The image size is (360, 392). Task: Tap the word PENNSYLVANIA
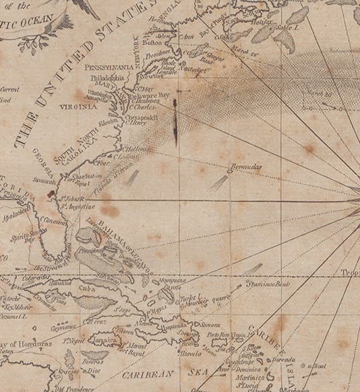click(108, 67)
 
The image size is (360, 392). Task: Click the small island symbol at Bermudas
click(230, 170)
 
